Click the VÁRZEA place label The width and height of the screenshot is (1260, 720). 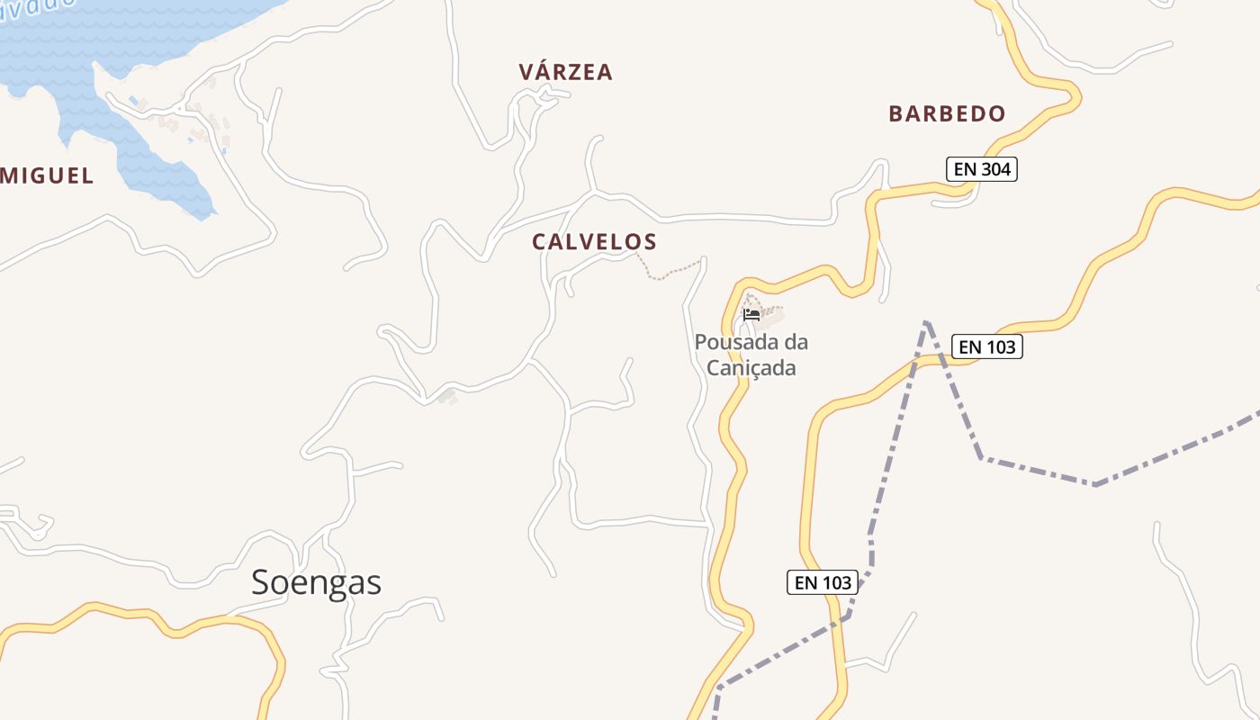point(565,72)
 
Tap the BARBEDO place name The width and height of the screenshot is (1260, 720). point(947,114)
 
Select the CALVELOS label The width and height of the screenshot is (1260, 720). point(594,242)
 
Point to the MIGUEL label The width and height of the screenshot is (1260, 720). point(47,176)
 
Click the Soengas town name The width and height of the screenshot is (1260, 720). point(316,583)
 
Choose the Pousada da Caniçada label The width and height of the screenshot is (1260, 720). point(751,355)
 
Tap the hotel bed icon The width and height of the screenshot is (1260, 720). point(751,314)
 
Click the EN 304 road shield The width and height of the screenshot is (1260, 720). point(981,169)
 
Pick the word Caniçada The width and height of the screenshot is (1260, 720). point(751,368)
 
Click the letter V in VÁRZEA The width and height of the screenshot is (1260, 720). point(526,72)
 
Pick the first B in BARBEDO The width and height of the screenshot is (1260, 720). point(896,114)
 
